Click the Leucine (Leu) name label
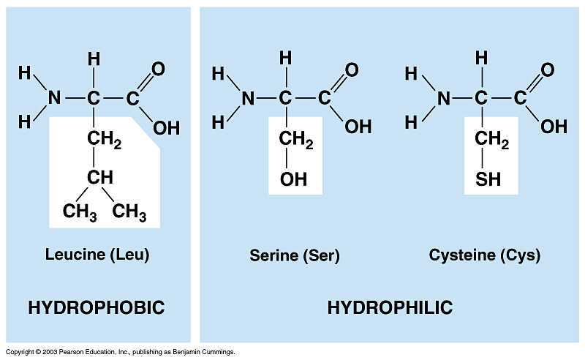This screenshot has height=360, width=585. click(97, 255)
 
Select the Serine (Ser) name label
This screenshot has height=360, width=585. click(295, 256)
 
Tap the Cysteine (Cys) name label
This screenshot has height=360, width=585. click(485, 255)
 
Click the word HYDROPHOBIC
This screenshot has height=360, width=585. click(96, 307)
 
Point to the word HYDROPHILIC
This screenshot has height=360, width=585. click(390, 307)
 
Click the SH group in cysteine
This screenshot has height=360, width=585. click(488, 179)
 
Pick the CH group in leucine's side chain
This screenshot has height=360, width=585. click(100, 177)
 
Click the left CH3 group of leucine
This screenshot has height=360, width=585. click(80, 213)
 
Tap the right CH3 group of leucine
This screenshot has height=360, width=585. click(130, 213)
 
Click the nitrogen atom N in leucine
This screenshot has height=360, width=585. click(53, 97)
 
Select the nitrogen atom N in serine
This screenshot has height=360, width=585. click(248, 97)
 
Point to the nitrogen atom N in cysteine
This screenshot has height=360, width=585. click(443, 97)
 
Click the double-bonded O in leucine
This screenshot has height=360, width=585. click(158, 70)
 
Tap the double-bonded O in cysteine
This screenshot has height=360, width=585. click(547, 70)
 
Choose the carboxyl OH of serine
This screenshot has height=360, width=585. click(358, 127)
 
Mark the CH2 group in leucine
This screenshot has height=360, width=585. click(104, 138)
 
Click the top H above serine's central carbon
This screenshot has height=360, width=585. click(286, 57)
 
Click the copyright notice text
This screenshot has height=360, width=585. click(120, 352)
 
